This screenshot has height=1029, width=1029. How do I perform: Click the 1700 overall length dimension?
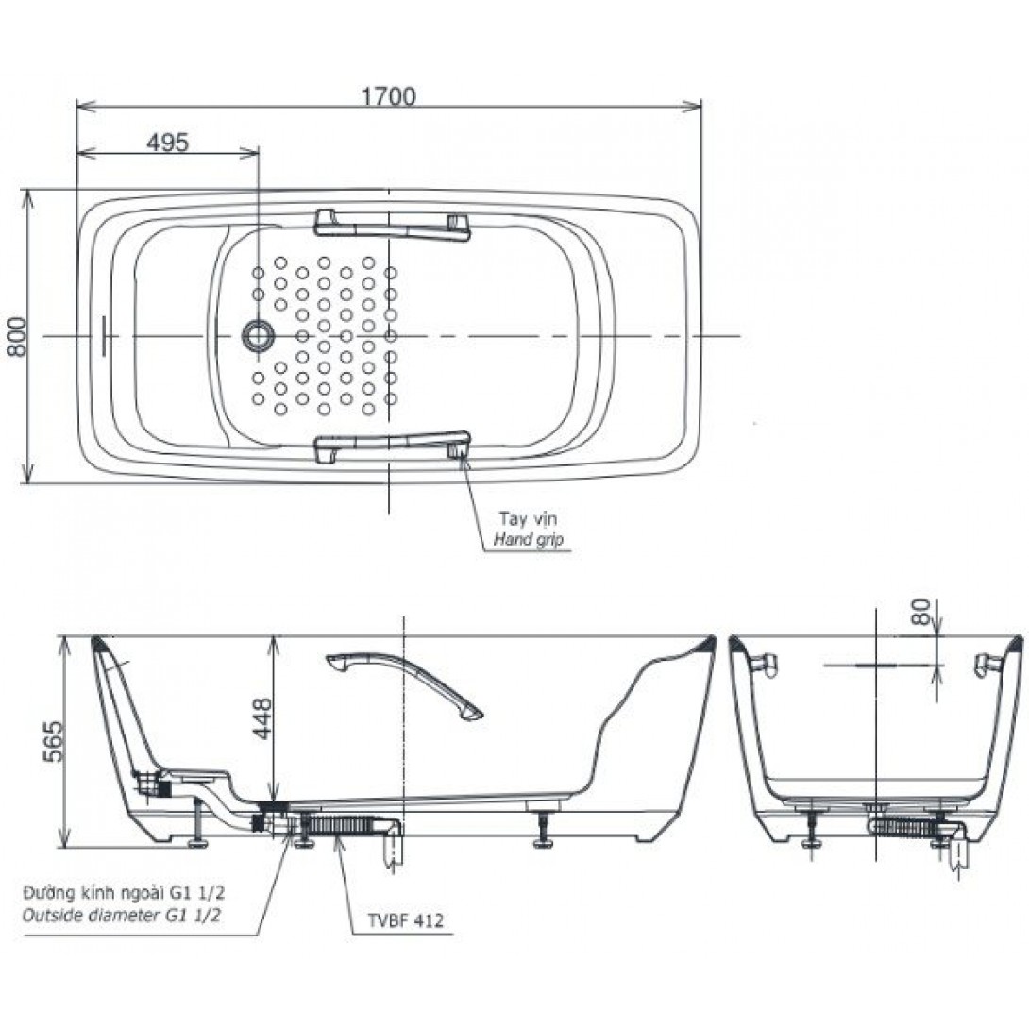point(389,96)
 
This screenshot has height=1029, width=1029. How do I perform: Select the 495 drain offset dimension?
point(167,143)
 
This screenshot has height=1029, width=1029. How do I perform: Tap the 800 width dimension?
point(16,337)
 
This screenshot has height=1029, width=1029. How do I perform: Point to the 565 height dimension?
point(54,741)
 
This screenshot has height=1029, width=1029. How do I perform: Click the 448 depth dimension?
point(262,718)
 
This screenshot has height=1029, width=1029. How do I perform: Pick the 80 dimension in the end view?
point(921,611)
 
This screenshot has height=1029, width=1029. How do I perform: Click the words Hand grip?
point(529,540)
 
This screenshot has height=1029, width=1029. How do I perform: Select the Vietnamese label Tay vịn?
point(528,519)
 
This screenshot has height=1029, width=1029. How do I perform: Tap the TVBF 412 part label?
point(405,920)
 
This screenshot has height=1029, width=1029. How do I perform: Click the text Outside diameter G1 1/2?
point(122,915)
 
